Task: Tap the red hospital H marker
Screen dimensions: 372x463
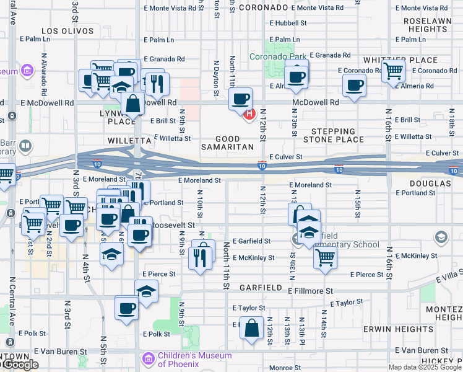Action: [x=249, y=113]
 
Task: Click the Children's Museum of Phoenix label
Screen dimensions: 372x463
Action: [x=186, y=359]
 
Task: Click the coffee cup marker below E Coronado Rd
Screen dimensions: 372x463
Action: [x=354, y=86]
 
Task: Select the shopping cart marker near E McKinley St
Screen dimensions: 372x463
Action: [x=325, y=257]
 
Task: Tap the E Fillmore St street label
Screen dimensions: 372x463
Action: [x=310, y=290]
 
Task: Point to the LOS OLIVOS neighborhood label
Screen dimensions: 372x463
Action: [x=67, y=30]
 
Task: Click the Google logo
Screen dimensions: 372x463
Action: [x=20, y=365]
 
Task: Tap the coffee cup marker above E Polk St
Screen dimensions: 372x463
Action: [x=127, y=308]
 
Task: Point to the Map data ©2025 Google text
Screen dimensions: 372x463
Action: [x=425, y=367]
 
